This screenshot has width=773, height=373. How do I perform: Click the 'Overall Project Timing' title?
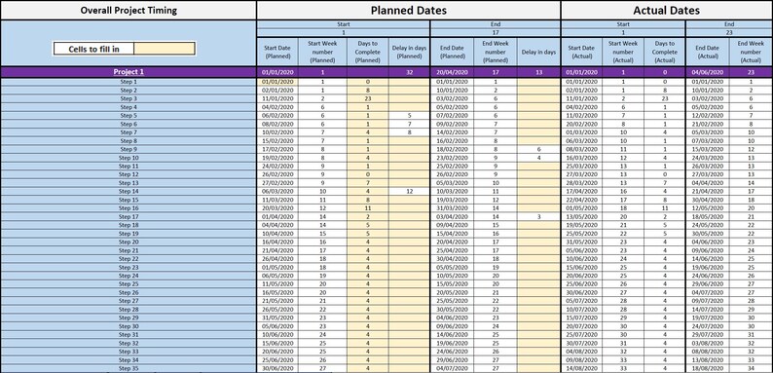(128, 10)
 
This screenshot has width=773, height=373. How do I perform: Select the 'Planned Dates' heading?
(408, 10)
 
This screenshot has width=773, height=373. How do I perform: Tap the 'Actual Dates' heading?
(667, 10)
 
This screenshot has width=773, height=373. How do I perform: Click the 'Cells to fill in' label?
(92, 48)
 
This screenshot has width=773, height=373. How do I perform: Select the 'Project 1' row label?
(128, 72)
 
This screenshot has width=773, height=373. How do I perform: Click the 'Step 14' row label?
(128, 191)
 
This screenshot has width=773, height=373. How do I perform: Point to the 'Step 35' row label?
(128, 368)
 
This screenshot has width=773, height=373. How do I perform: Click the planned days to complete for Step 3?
(367, 98)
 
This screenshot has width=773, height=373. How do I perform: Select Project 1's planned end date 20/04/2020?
(454, 72)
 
